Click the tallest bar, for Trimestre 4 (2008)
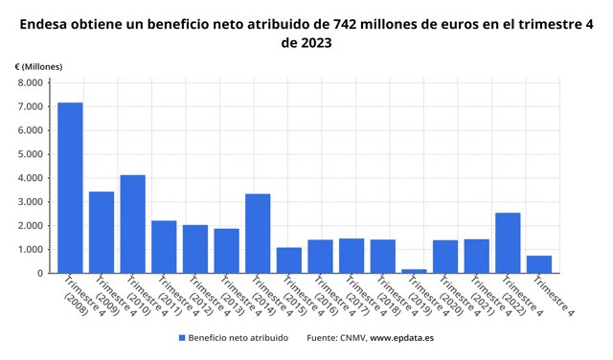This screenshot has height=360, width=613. coord(70,188)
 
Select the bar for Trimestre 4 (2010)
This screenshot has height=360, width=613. coord(132,224)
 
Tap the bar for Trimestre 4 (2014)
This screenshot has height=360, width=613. coord(258,234)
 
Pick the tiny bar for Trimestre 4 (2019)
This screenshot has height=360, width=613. coord(414,271)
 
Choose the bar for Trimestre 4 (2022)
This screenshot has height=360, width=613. coord(508,243)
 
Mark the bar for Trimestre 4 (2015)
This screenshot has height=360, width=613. coord(289,260)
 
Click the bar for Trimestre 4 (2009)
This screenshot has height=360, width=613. coord(102,233)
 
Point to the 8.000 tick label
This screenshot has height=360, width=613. coord(30,82)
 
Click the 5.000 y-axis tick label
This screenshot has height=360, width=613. coord(30,154)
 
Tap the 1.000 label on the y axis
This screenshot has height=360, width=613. coord(30,249)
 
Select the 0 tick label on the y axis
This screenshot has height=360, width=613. coord(40,273)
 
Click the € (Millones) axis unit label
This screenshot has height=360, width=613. coord(38,67)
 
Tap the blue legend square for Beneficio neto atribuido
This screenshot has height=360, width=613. coord(182,338)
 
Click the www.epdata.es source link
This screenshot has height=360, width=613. coord(401,338)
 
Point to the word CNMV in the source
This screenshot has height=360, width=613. coord(353,338)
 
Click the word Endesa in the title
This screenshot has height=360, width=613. coord(44,24)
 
